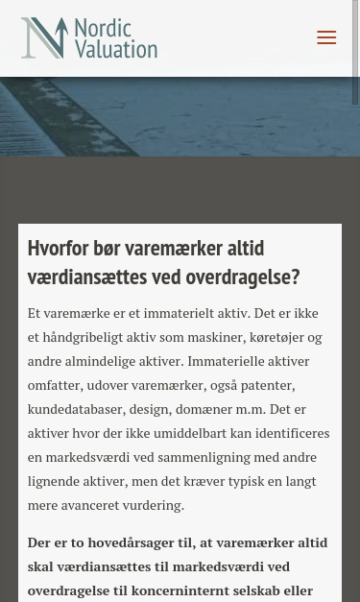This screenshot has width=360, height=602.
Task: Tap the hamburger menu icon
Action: click(326, 37)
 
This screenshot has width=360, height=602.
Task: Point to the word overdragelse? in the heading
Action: click(245, 277)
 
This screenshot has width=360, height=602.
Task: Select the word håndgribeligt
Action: click(85, 337)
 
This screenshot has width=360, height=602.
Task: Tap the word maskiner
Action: click(213, 337)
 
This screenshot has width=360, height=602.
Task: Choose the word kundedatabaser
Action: click(74, 409)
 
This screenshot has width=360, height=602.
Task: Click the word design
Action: click(148, 409)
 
